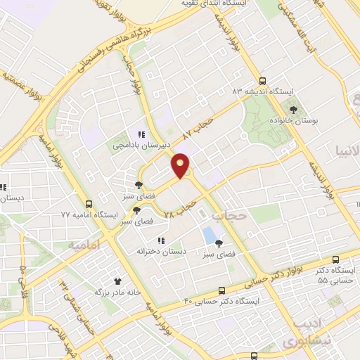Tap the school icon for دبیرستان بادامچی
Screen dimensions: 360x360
point(141,134)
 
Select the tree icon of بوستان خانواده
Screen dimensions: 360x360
point(293,109)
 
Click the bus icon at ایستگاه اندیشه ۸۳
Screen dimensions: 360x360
point(263,81)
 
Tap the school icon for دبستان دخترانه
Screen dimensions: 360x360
point(161,240)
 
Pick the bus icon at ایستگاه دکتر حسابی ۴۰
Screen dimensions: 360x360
point(222,290)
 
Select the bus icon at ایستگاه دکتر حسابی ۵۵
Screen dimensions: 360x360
point(335,259)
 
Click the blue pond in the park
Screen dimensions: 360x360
point(210,233)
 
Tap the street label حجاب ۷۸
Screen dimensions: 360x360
point(179,209)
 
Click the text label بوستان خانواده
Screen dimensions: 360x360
point(296,120)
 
